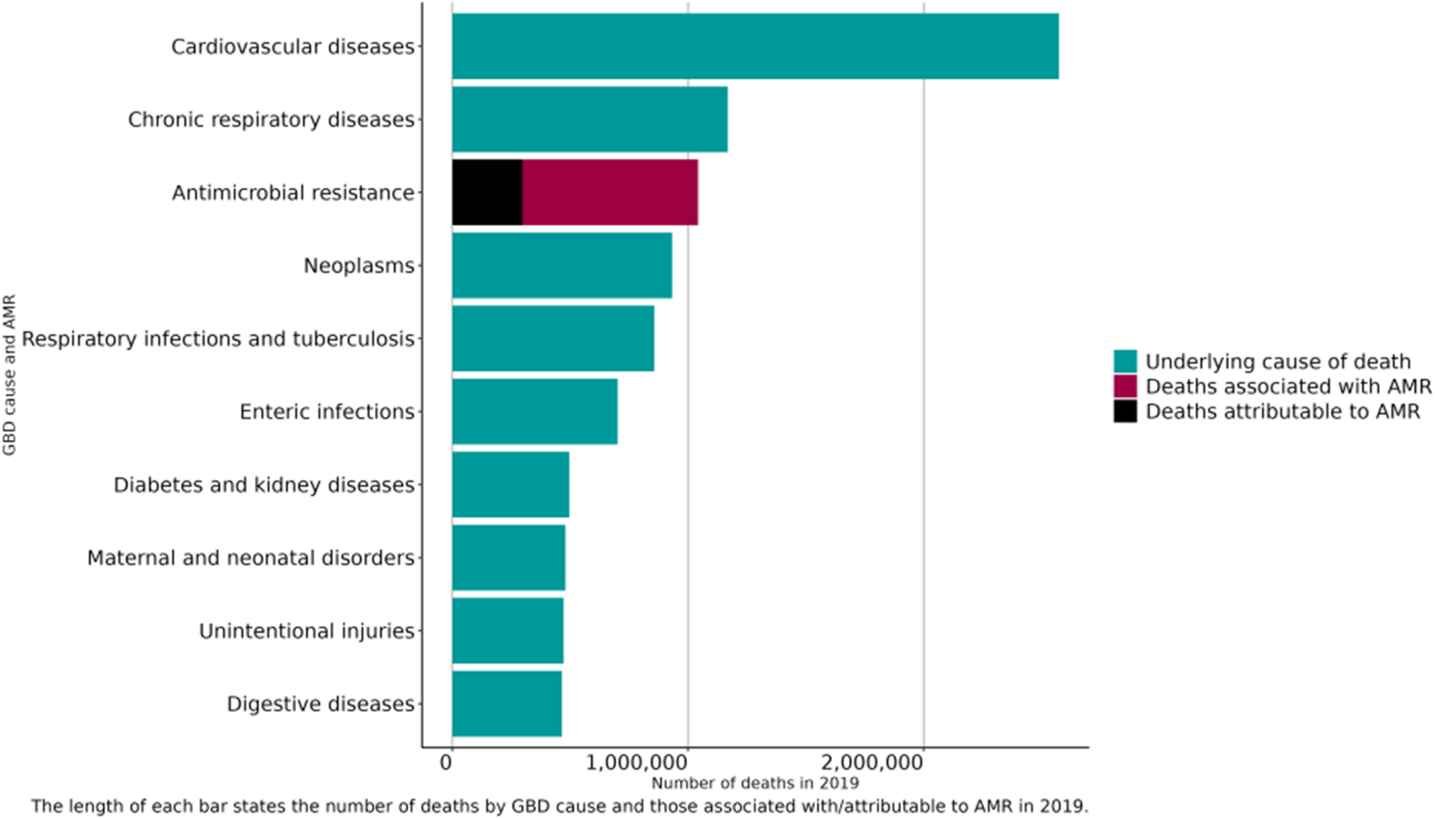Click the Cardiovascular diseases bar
pos(754,46)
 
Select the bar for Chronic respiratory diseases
pos(589,119)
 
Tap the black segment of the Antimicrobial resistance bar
pos(486,193)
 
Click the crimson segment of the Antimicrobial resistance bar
pos(610,193)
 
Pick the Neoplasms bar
pos(562,266)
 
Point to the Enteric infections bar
pos(535,412)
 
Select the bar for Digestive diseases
pos(507,704)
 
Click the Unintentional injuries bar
pos(507,631)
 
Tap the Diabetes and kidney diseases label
pos(264,485)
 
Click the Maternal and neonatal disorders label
pos(251,558)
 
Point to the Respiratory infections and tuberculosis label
pos(218,339)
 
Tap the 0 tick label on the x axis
pos(447,763)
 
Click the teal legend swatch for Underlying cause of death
pos(1124,362)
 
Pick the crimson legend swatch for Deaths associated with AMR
pos(1124,387)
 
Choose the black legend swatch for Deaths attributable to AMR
pos(1124,412)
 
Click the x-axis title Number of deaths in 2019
pos(754,783)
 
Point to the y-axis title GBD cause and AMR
pos(9,375)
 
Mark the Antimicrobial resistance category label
pos(293,193)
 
